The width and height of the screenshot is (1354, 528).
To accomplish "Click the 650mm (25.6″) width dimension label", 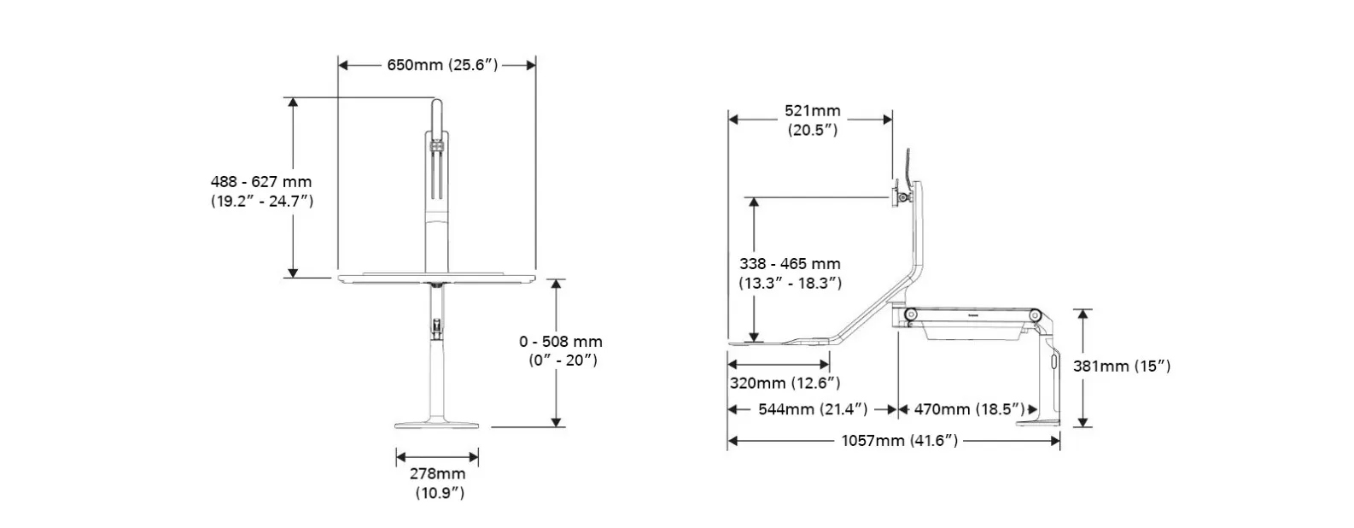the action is (442, 65).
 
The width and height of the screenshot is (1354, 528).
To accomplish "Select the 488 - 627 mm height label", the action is (261, 181).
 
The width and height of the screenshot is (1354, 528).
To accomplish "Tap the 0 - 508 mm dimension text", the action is (561, 342).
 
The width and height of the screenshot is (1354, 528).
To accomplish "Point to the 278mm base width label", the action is (438, 473).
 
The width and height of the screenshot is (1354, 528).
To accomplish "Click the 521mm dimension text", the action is (813, 111).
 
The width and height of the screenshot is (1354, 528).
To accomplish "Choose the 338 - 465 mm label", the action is (790, 264).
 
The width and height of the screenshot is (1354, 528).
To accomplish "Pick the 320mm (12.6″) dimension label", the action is (785, 383).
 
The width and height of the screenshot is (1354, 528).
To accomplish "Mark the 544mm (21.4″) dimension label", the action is (813, 409).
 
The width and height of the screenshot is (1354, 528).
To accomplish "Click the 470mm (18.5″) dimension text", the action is (970, 409).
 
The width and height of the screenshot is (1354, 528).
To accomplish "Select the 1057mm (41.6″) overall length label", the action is (900, 440).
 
